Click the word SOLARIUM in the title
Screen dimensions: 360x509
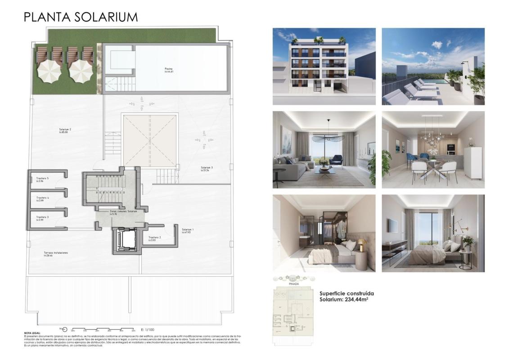102,17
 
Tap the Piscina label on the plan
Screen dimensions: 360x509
169,69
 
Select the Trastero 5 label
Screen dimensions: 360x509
43,179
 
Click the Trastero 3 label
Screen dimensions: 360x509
42,217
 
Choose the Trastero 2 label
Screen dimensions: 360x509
154,237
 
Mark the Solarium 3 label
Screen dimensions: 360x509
207,168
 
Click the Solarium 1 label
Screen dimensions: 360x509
188,229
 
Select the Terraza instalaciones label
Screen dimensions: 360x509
56,253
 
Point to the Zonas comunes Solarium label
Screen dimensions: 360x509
123,211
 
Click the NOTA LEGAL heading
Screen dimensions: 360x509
32,333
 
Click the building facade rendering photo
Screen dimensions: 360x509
324,66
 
